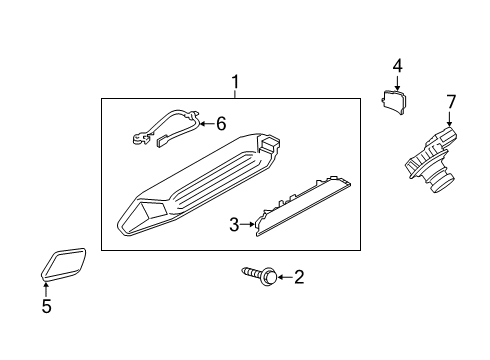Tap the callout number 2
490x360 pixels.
[x=297, y=277]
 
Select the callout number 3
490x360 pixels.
[x=234, y=226]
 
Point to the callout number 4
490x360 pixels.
[x=397, y=66]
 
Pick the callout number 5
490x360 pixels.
[x=46, y=307]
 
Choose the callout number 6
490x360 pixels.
[x=221, y=123]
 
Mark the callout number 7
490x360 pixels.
[x=450, y=101]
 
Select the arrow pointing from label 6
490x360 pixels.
[x=205, y=124]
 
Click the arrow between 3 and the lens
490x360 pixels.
[x=247, y=226]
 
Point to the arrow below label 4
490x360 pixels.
[x=397, y=82]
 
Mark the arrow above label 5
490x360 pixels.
[x=46, y=290]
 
